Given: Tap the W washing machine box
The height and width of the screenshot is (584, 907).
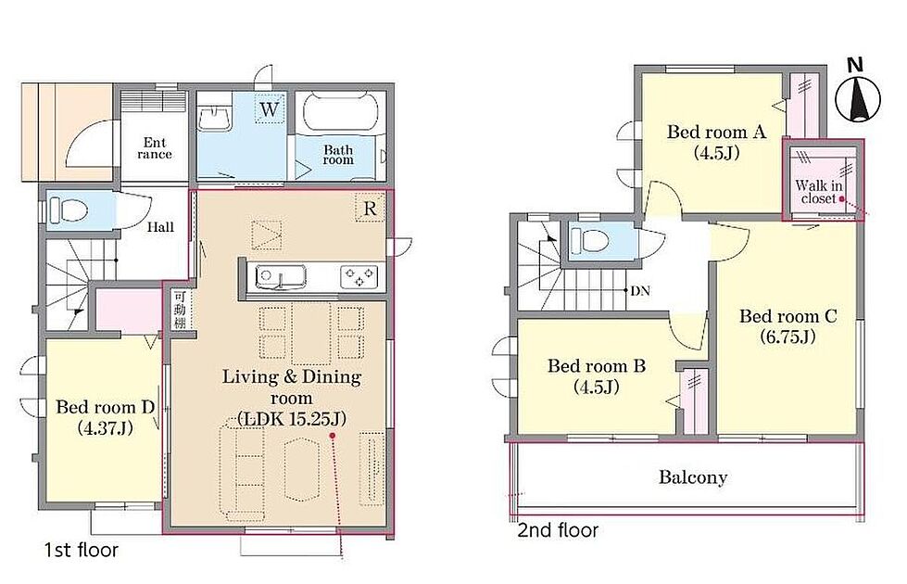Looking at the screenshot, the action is click(x=270, y=108).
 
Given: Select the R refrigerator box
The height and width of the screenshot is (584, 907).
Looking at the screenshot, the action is click(x=370, y=208).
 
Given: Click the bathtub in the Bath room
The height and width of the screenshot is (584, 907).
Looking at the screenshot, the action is click(x=340, y=112).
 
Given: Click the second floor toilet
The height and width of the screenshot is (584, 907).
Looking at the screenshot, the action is click(x=590, y=240).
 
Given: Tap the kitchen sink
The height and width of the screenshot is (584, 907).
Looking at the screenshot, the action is click(x=280, y=274).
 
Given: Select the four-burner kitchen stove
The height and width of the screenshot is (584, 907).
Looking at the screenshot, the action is click(x=359, y=275).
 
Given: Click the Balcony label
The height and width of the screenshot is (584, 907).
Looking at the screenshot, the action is click(x=692, y=477).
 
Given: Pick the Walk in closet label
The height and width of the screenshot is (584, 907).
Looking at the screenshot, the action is click(x=818, y=192).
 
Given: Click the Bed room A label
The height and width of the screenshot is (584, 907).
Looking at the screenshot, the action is click(x=716, y=132).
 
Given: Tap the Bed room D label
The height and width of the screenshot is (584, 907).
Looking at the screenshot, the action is click(x=106, y=407).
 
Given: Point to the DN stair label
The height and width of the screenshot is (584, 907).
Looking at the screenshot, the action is click(x=640, y=290).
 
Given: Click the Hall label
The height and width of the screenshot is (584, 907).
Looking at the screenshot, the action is click(x=160, y=227).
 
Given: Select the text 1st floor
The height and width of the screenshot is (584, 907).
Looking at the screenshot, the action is click(x=81, y=550).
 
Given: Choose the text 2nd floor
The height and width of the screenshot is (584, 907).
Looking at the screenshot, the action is click(x=558, y=530).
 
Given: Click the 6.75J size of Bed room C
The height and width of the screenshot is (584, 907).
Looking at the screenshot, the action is click(x=787, y=336).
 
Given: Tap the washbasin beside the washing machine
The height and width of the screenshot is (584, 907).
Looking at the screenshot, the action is click(x=216, y=118).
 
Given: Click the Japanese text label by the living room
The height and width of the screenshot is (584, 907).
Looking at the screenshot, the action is click(x=180, y=309).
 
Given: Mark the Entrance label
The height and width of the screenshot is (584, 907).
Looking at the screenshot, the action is click(x=155, y=148).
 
